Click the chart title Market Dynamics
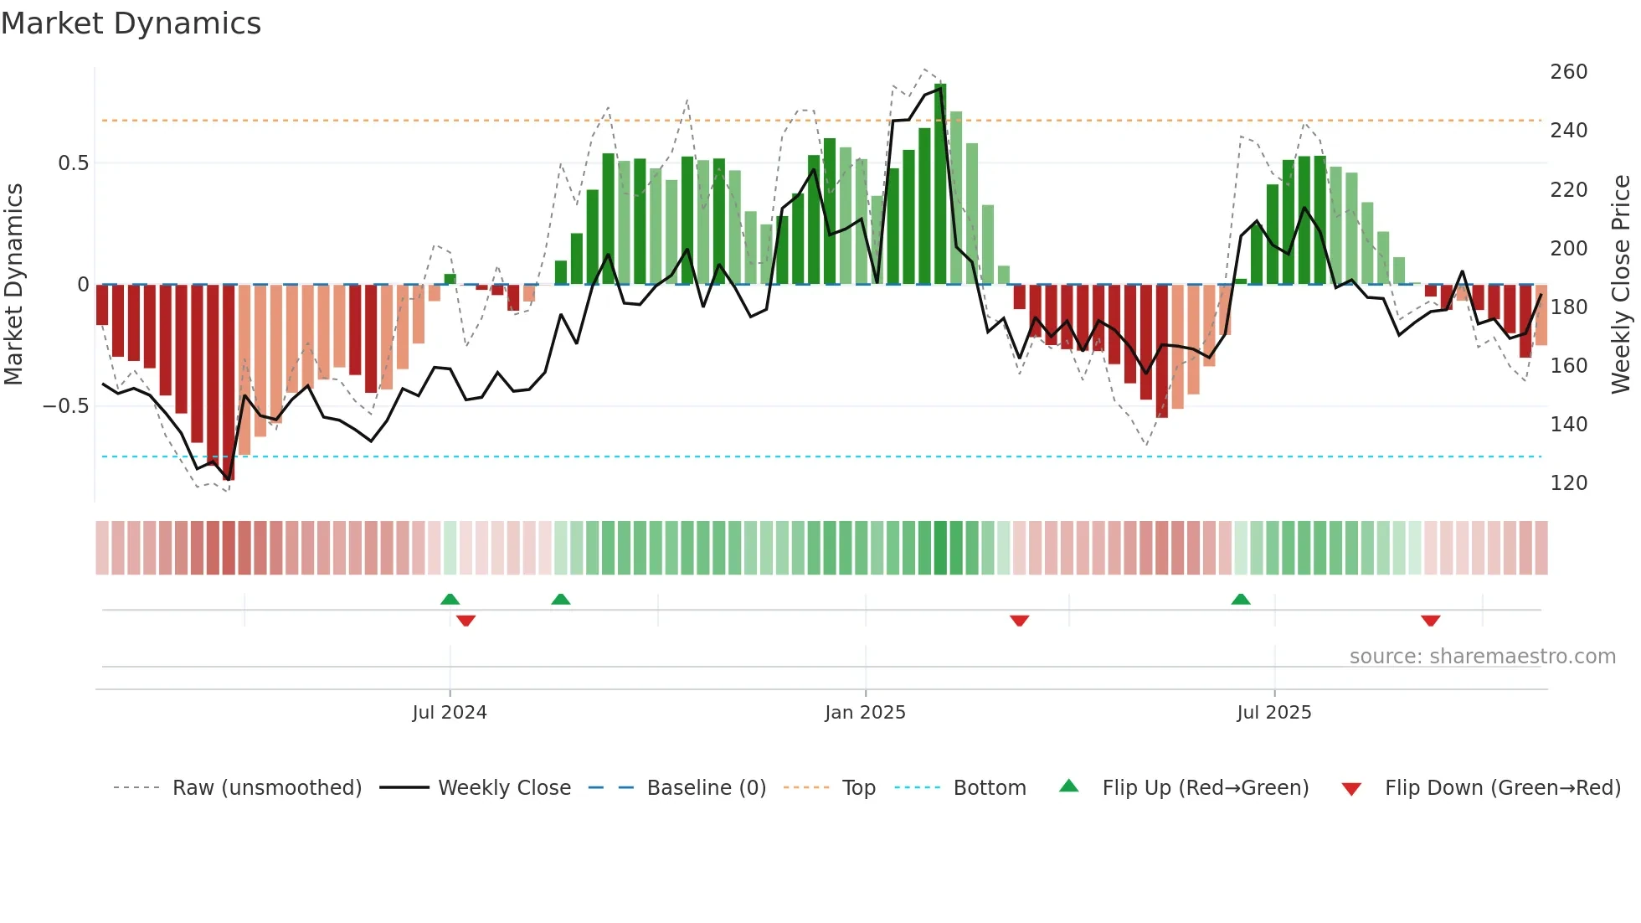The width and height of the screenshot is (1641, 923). coord(131,23)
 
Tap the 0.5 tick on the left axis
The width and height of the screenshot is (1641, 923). coord(73,162)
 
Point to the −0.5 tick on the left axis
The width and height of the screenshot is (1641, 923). coord(65,406)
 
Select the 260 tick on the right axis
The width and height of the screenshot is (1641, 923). coord(1568,72)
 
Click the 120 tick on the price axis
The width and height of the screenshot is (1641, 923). coord(1568,483)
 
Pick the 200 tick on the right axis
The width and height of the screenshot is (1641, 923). coord(1568,249)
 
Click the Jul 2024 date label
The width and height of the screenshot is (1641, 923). coord(450,713)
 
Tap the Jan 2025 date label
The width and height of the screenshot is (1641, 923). coord(865,713)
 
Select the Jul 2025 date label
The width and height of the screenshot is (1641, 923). coord(1274,713)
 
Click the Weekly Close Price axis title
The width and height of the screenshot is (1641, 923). coord(1621,284)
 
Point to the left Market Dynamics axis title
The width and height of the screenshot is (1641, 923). coord(13,284)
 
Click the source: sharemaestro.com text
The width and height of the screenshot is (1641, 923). coord(1482,657)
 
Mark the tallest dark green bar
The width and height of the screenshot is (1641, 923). coord(940,184)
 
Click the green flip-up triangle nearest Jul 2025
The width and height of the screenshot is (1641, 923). coord(1241,599)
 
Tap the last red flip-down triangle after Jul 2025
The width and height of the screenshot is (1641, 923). coord(1430,621)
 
